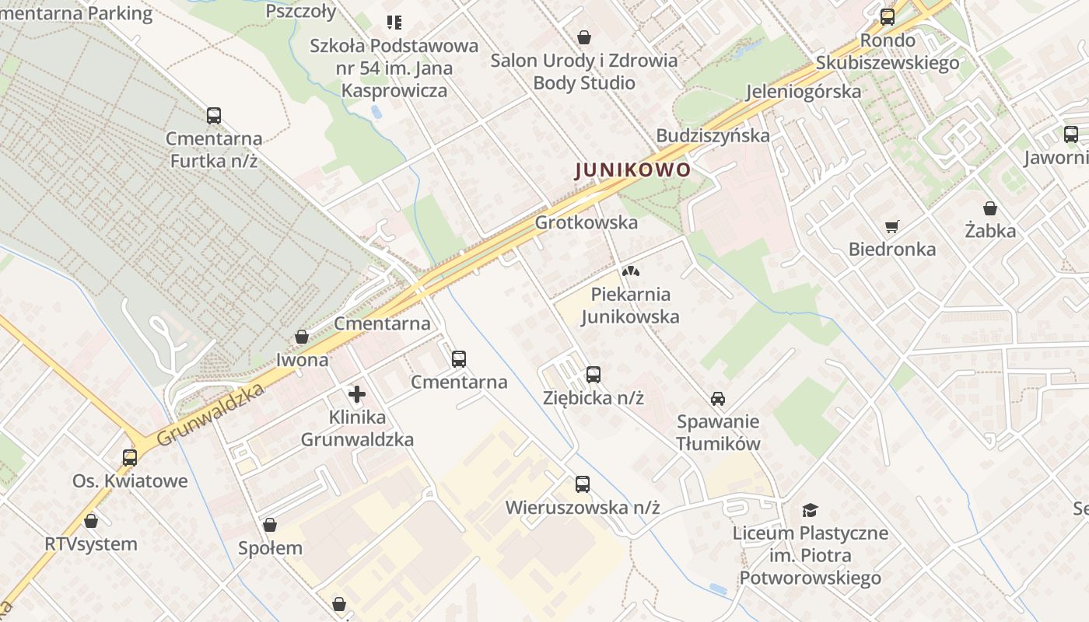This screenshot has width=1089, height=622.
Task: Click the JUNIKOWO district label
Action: click(x=632, y=169)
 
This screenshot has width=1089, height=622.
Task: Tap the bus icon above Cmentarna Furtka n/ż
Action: click(x=214, y=116)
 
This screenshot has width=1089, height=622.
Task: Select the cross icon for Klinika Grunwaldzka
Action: click(x=357, y=394)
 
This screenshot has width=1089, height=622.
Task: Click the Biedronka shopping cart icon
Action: click(x=891, y=227)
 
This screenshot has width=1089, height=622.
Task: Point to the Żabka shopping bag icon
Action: click(x=989, y=208)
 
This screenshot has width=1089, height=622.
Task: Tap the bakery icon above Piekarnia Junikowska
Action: click(x=630, y=271)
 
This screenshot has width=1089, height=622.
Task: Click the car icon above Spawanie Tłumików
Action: click(x=717, y=399)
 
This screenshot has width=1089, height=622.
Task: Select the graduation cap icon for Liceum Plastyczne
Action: click(x=811, y=510)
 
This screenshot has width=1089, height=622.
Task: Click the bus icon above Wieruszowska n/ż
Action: click(x=583, y=484)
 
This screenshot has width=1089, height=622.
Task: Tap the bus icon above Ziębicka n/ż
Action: click(x=594, y=375)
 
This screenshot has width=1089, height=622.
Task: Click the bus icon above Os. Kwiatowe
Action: click(x=130, y=458)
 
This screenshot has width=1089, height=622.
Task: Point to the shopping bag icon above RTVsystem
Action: click(x=91, y=521)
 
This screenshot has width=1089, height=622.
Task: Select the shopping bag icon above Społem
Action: click(x=270, y=526)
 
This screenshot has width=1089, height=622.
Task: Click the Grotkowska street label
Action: click(x=586, y=222)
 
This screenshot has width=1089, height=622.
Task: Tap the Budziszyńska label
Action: click(x=713, y=135)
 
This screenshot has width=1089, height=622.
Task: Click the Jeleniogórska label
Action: click(x=804, y=91)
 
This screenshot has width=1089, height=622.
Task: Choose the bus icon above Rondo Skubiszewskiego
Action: click(x=888, y=17)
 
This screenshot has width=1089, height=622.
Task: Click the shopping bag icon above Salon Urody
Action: click(x=584, y=37)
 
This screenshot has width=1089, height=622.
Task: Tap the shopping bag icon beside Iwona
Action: click(x=302, y=337)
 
